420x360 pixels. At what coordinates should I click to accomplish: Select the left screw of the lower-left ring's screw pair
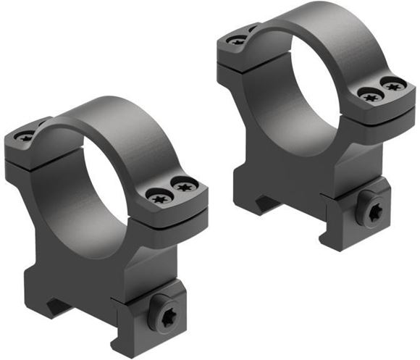(x=156, y=195)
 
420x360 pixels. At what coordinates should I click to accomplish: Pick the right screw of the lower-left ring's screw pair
(x=182, y=187)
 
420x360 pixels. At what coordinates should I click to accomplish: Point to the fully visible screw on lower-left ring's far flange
(x=25, y=136)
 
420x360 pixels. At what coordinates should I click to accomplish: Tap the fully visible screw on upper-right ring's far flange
(x=238, y=41)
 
